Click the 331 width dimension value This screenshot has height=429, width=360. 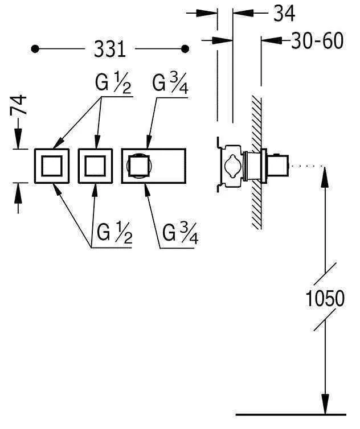tap(109, 49)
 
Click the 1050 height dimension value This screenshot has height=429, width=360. tap(324, 298)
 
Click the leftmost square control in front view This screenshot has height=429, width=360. tap(52, 166)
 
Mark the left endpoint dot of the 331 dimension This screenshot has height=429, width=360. tap(35, 49)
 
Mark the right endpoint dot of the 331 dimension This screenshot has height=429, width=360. tap(184, 49)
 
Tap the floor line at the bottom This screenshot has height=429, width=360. tap(291, 414)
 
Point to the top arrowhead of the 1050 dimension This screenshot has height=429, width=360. tap(325, 174)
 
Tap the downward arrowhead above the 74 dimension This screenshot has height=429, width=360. tap(18, 141)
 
